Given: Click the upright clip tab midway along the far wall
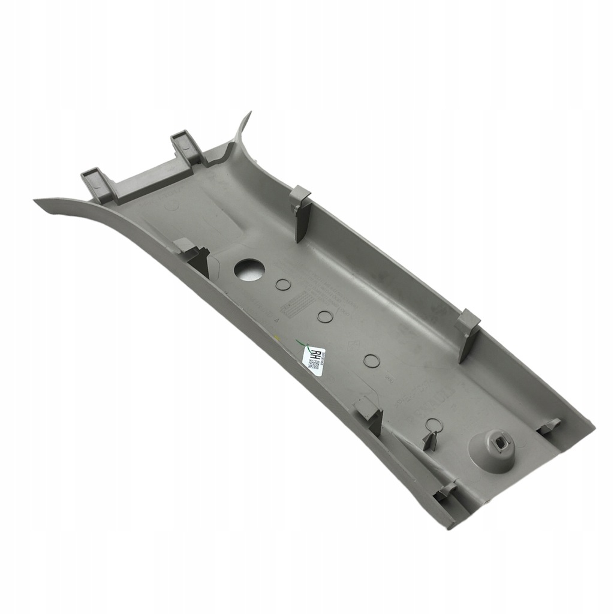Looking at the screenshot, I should coord(468,333).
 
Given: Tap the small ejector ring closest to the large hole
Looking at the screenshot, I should coord(282,284).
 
